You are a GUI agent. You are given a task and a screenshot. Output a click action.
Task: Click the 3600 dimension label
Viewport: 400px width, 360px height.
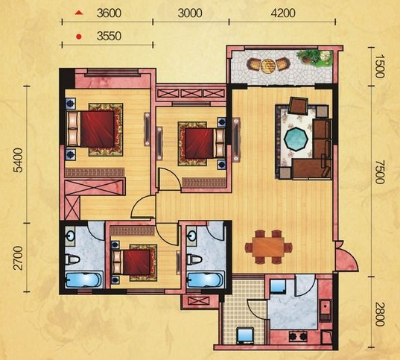(x=109, y=13)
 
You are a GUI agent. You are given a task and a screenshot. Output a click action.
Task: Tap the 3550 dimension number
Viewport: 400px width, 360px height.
(x=109, y=37)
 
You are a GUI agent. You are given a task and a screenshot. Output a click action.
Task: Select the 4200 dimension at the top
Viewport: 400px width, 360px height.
(x=283, y=13)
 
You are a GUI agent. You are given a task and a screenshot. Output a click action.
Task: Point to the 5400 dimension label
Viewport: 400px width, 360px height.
(x=19, y=160)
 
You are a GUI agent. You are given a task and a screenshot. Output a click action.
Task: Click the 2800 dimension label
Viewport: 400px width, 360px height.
(x=380, y=314)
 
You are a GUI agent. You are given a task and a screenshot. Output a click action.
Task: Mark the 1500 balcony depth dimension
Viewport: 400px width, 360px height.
(x=380, y=66)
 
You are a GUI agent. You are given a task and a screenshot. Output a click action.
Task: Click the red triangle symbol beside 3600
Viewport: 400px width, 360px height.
(x=79, y=13)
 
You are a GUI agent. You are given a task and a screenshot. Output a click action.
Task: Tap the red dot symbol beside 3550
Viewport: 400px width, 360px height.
(x=79, y=37)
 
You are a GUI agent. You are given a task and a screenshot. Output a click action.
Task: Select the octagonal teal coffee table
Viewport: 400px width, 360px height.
(x=296, y=139)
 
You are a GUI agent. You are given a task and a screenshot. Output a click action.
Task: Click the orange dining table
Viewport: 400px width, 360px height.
(x=268, y=247)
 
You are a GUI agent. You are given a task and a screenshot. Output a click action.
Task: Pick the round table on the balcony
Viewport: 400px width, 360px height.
(x=267, y=66)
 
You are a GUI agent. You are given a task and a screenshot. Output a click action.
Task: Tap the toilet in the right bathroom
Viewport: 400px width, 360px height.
(x=194, y=259)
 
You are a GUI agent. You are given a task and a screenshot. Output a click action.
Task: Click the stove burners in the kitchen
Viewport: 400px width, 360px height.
(x=298, y=336)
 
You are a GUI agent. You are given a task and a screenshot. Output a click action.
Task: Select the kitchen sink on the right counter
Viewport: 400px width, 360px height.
(x=326, y=307)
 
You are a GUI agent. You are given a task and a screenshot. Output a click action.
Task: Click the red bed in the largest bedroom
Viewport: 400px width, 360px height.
(x=91, y=129)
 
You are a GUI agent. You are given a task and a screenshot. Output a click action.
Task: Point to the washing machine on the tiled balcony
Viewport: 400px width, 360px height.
(x=245, y=335)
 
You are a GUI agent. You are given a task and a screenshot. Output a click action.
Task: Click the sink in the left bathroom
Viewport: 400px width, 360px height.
(x=69, y=236)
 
